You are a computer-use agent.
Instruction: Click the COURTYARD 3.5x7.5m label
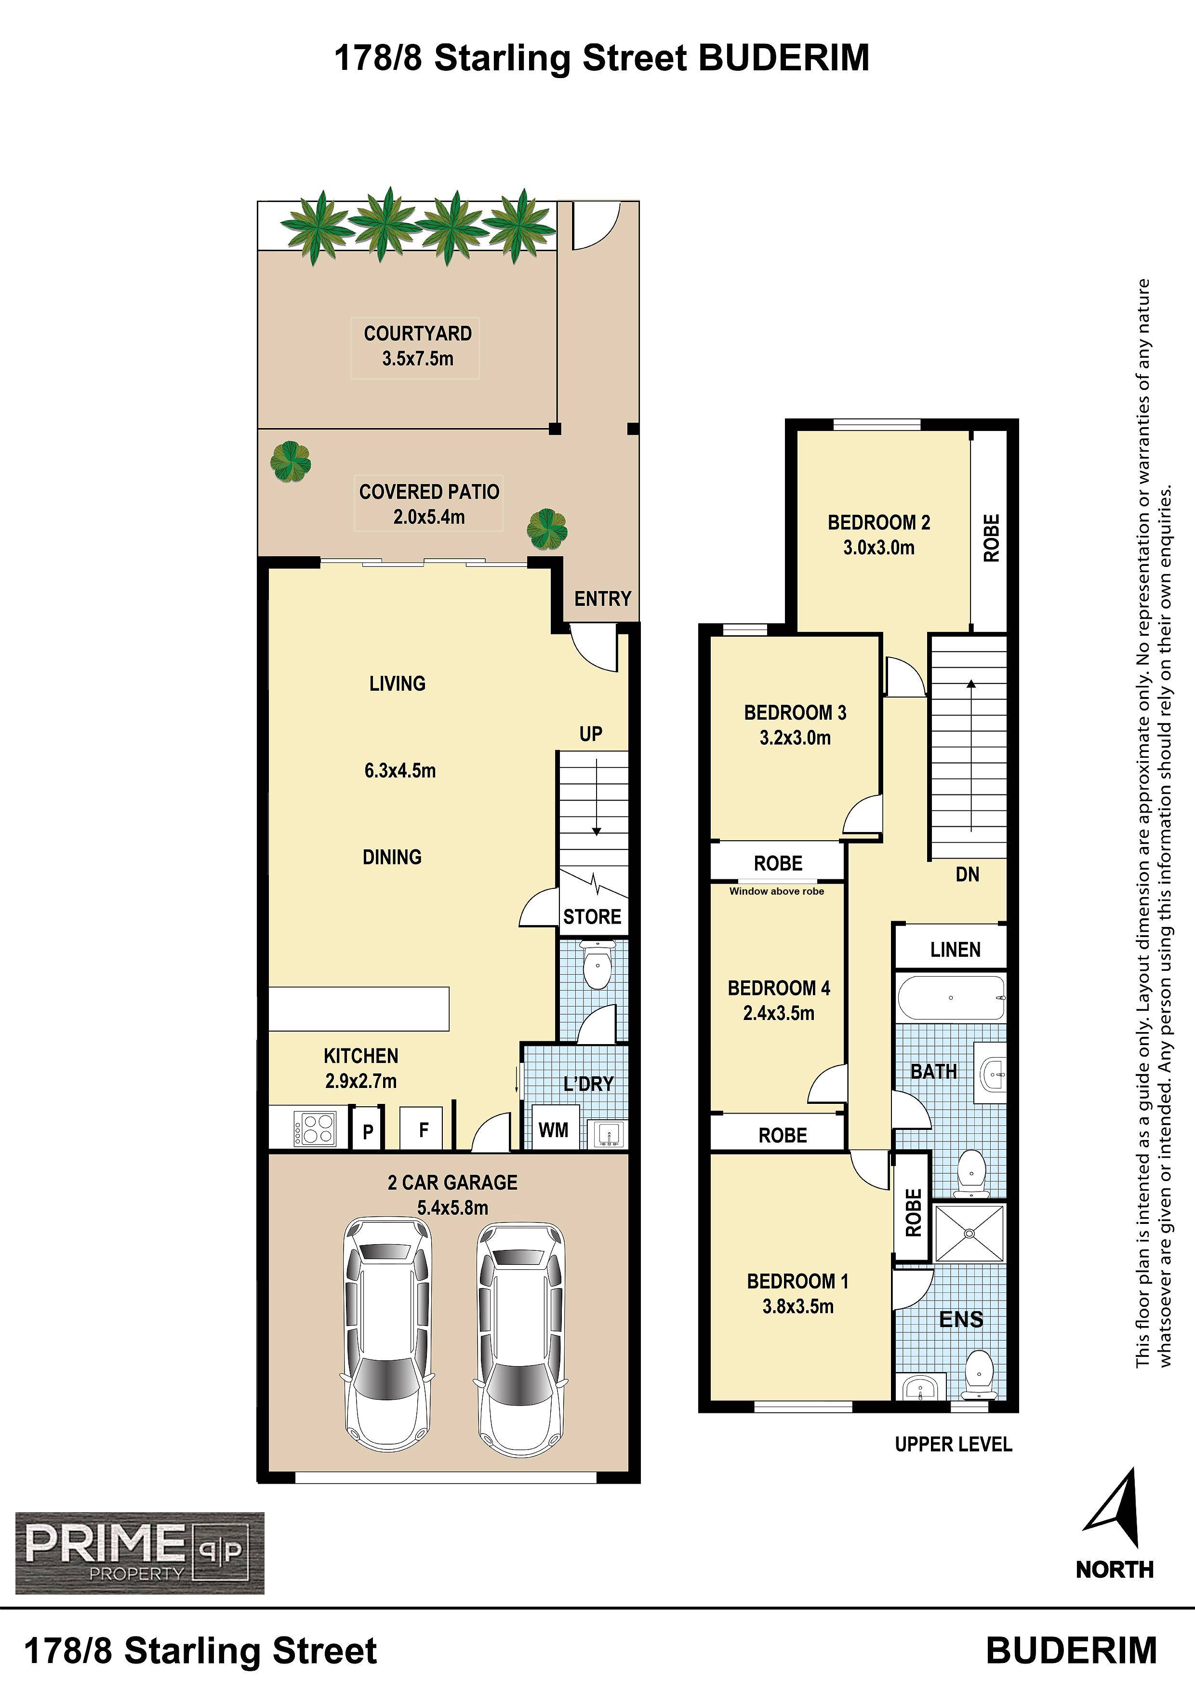click(x=417, y=346)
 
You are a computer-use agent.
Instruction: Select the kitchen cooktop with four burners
click(x=315, y=1128)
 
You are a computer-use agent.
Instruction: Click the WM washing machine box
click(x=554, y=1129)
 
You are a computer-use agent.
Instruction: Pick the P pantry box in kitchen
click(x=367, y=1130)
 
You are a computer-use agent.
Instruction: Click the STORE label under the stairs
click(x=592, y=917)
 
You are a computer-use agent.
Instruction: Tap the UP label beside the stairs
click(x=590, y=734)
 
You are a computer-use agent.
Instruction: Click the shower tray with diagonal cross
click(x=969, y=1233)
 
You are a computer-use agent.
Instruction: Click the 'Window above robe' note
click(x=776, y=891)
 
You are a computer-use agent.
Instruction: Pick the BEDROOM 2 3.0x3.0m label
click(x=879, y=535)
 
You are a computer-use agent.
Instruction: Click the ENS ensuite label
click(x=961, y=1319)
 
